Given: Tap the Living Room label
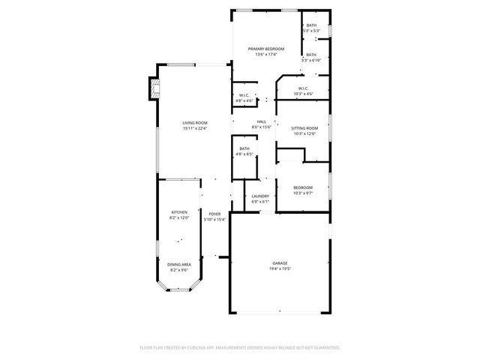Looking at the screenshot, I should (195, 122).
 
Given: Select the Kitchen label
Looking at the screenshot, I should (179, 213).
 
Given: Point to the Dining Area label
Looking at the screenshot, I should (179, 264).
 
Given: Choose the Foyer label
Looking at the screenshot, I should (214, 214).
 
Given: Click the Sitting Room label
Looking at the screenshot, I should (305, 128).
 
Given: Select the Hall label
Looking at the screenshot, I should (262, 122).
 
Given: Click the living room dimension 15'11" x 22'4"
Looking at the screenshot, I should (195, 128).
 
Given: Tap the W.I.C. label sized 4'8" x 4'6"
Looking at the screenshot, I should (244, 95).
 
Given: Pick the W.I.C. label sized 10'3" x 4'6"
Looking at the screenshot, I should (304, 88).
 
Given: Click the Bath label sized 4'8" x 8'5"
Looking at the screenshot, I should (244, 148).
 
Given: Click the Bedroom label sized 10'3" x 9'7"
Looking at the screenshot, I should (303, 187).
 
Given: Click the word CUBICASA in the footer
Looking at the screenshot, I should (206, 347).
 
